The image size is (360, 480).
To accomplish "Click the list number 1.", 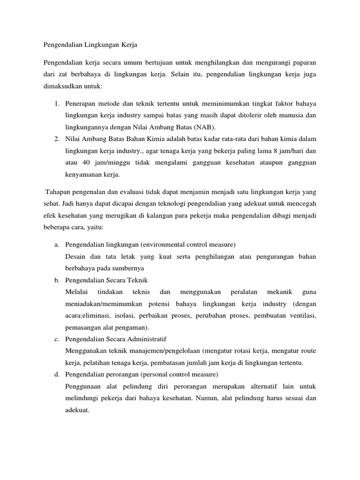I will point(56,103).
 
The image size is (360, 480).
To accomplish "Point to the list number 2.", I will point(56,139).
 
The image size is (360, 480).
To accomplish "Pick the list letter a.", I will point(56,245).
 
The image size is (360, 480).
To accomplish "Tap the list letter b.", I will point(56,280).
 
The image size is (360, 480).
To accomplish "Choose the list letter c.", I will point(56,339).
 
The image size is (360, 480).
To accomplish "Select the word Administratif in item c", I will point(144,339).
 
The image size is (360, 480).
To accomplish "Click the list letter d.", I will point(56,374).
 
